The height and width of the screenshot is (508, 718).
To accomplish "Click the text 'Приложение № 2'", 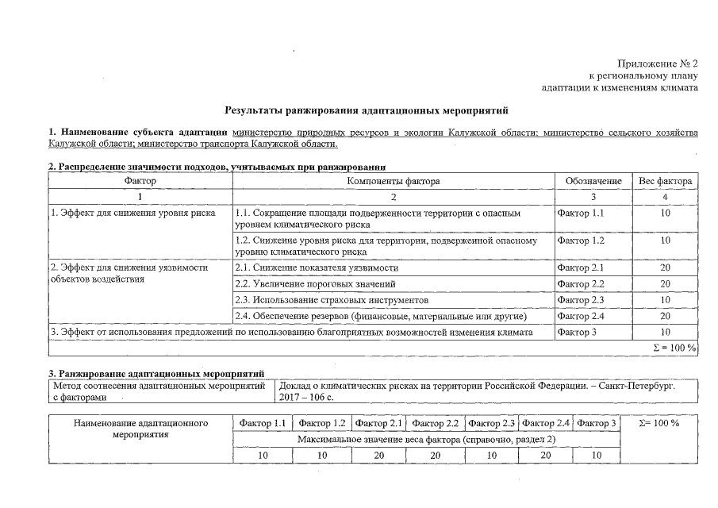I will click(x=658, y=63).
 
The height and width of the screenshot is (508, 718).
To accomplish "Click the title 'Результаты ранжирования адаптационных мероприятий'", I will click(x=366, y=110).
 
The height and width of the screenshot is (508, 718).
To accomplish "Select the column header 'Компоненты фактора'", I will click(x=393, y=182).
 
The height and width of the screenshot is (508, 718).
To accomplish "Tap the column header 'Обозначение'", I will click(x=593, y=182).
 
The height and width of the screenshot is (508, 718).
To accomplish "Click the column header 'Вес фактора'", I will click(x=665, y=182).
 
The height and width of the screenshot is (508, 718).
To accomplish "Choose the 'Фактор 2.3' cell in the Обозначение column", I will click(x=581, y=301).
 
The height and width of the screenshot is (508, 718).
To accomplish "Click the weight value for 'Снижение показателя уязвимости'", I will click(x=665, y=268).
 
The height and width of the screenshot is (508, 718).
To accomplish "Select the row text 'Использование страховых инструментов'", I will click(x=332, y=301).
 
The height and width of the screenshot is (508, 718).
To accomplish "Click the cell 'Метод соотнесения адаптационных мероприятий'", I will click(x=158, y=386).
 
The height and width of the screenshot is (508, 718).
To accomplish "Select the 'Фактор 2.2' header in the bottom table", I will click(x=436, y=424).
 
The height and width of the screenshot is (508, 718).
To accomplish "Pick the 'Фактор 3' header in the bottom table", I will click(x=597, y=424).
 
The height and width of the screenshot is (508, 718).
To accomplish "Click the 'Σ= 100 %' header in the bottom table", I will click(x=658, y=424).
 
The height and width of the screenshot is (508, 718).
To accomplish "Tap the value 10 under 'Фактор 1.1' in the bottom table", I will click(x=263, y=455).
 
